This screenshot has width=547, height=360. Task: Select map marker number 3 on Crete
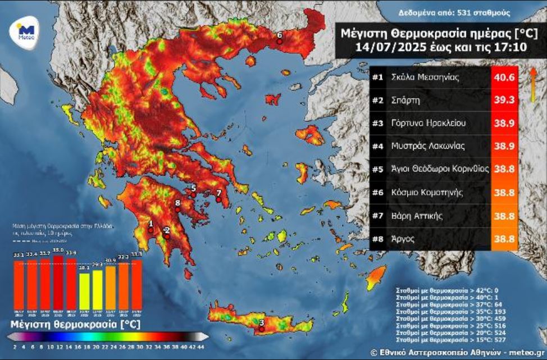(261, 322)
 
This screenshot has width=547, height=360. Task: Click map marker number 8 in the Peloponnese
(177, 204)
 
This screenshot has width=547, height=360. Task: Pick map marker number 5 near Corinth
(193, 189)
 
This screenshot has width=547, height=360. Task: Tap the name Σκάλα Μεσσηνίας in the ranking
(426, 78)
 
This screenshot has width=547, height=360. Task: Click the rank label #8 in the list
(378, 239)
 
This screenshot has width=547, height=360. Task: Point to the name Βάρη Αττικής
(417, 216)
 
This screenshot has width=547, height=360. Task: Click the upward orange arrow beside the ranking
(532, 84)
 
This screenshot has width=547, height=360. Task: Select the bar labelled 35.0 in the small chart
(58, 286)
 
